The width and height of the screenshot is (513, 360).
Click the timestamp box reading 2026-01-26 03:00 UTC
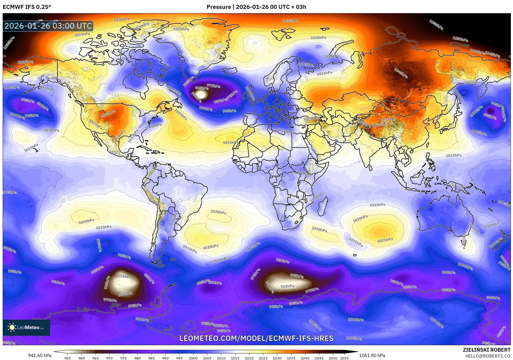(48, 26)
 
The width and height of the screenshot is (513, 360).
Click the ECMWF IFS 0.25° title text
(27, 7)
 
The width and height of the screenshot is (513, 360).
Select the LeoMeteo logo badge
(26, 327)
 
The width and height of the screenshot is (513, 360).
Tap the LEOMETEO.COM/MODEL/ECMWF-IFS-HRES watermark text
(256, 338)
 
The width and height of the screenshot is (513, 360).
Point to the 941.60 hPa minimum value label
(40, 355)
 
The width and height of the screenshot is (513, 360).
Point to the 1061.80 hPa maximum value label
(372, 355)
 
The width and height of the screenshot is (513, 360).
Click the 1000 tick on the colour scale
(193, 358)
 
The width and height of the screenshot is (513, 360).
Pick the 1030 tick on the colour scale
(277, 358)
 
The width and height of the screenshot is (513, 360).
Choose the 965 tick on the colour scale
(95, 358)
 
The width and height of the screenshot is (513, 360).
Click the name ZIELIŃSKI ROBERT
(486, 350)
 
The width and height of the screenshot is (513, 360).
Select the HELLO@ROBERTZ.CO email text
(488, 356)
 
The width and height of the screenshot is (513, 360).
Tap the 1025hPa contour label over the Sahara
(231, 142)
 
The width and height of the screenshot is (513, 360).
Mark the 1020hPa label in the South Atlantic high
(218, 212)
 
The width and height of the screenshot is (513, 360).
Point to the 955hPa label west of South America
(124, 277)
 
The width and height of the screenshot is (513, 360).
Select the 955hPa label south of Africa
(287, 286)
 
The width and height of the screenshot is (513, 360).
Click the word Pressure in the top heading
(218, 7)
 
